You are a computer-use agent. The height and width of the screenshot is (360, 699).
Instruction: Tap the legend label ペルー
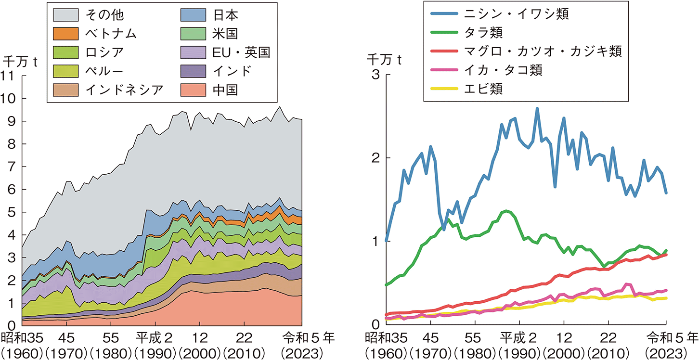tap(101, 71)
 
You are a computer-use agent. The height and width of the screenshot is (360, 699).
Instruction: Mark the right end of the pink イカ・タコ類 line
tap(666, 290)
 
